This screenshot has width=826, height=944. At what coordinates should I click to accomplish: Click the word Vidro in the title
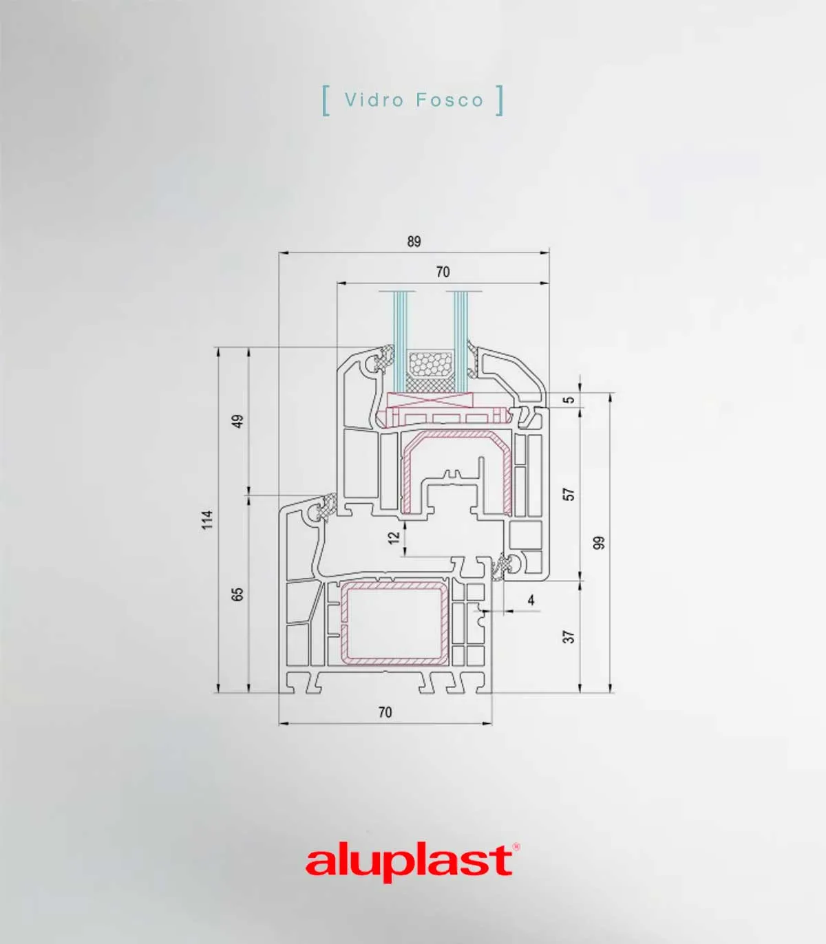[x=374, y=100]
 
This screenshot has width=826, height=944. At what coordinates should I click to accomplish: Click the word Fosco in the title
[x=449, y=100]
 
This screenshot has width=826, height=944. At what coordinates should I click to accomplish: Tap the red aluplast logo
[x=409, y=863]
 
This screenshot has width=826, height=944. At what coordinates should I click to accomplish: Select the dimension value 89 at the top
[x=414, y=242]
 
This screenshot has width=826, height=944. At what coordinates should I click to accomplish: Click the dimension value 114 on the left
[x=208, y=520]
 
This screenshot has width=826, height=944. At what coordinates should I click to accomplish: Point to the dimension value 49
[x=237, y=421]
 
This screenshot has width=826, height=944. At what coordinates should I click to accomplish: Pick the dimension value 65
[x=237, y=594]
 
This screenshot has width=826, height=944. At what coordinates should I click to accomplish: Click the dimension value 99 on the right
[x=599, y=543]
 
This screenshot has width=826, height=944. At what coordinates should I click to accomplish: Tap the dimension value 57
[x=570, y=494]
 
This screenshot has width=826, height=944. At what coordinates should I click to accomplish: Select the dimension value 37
[x=570, y=636]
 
